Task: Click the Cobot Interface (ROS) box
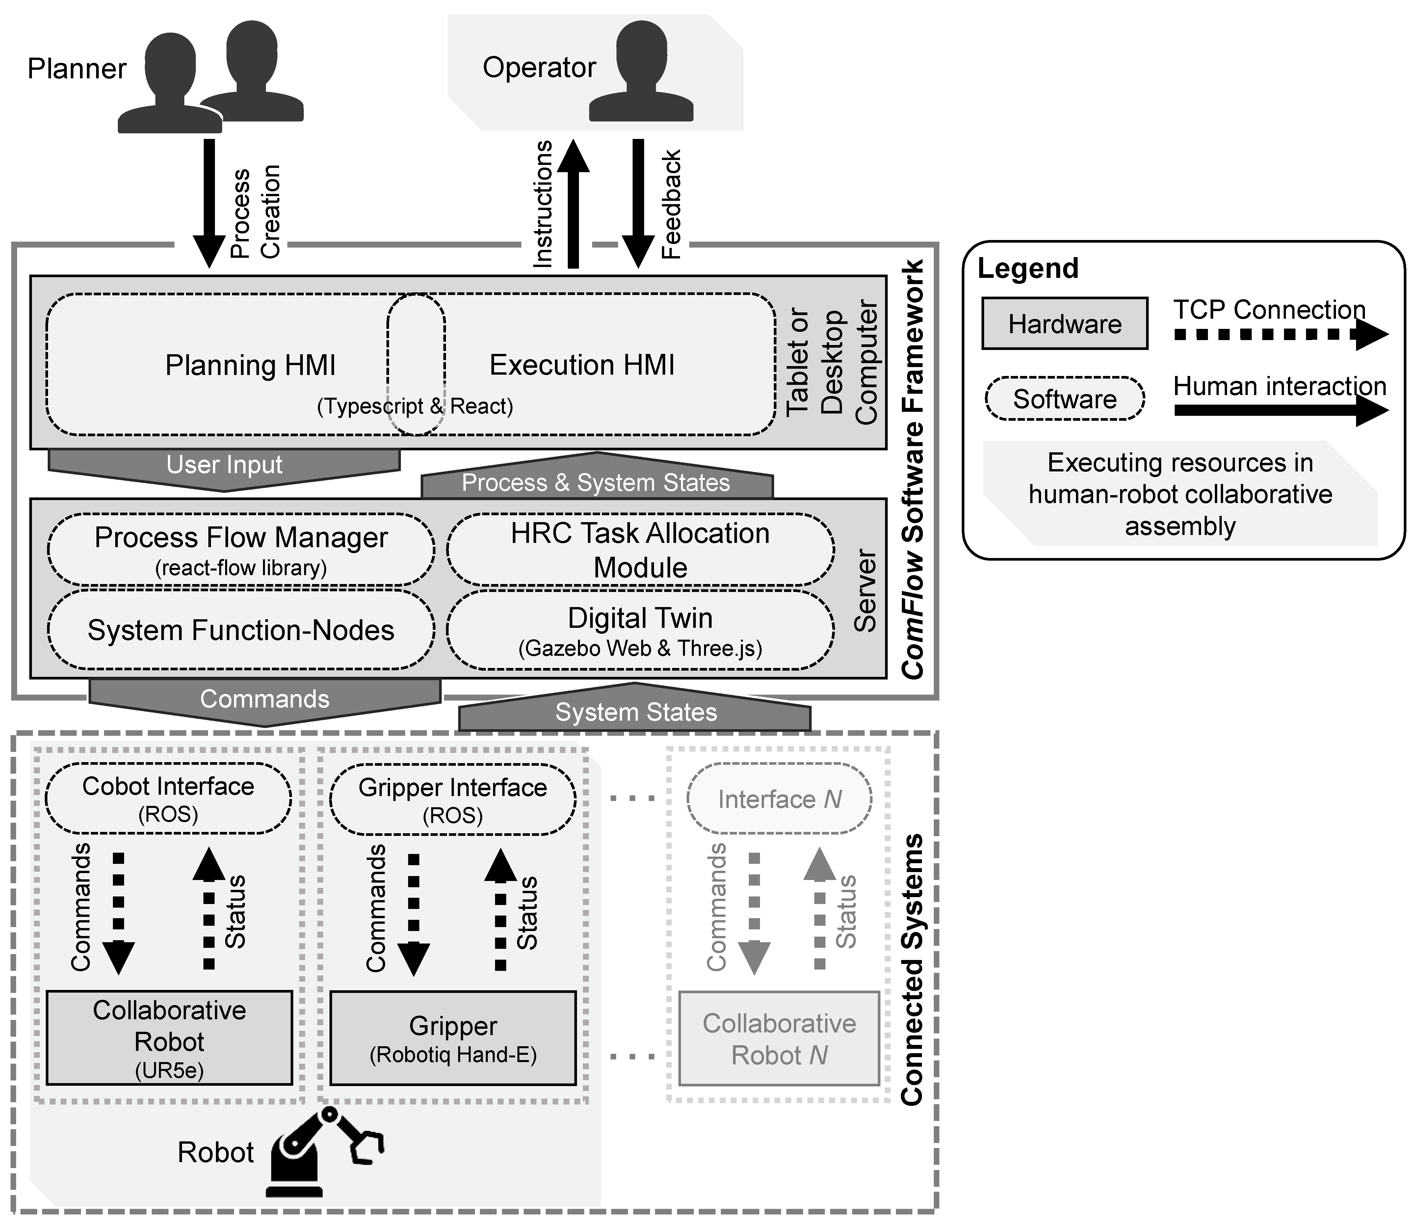[168, 798]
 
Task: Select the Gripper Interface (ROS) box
[452, 800]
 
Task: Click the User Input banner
[224, 467]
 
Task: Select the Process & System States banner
[596, 481]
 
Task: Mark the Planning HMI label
[250, 365]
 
